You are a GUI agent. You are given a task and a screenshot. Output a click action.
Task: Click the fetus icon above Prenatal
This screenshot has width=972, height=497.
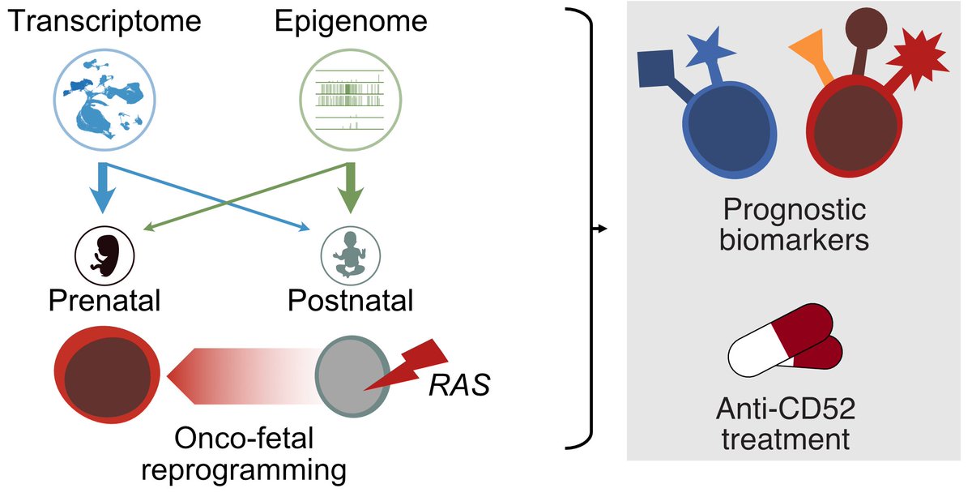pos(103,253)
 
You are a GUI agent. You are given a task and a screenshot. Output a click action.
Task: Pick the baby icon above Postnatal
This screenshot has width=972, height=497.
pos(349,253)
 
